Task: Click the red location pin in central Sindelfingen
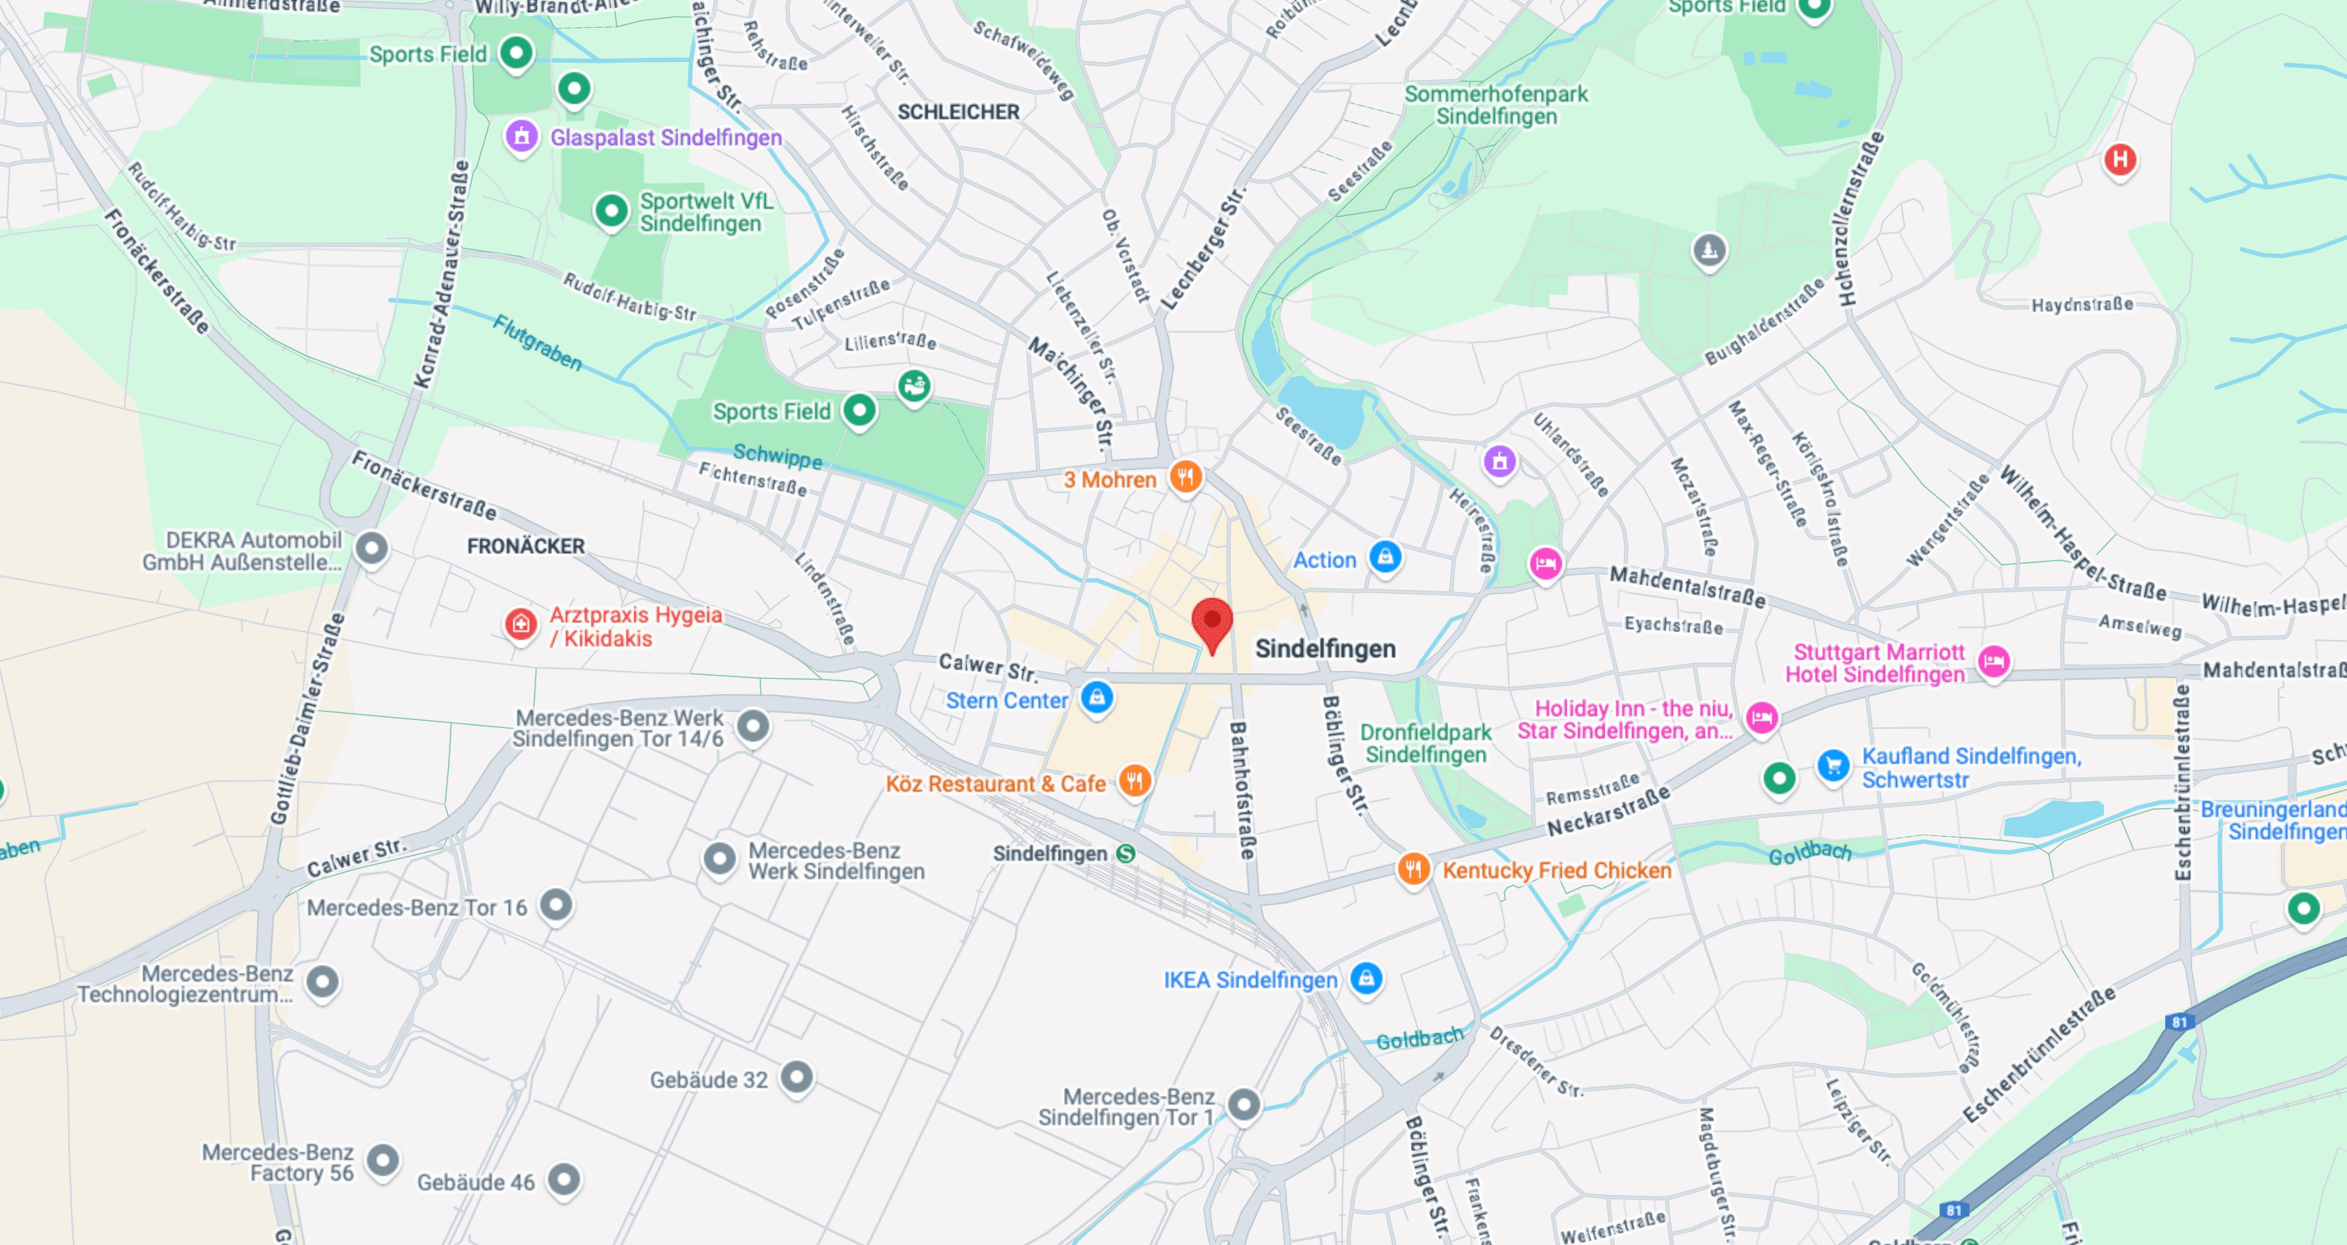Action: [1212, 622]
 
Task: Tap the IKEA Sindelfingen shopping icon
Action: [1366, 979]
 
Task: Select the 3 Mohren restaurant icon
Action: [1185, 476]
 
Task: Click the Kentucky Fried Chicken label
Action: [1556, 869]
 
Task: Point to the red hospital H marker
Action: [2119, 160]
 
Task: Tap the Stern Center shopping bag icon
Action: [1097, 698]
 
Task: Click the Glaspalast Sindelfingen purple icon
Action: [521, 137]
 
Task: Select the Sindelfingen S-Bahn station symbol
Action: [1126, 854]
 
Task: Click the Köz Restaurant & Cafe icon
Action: [1135, 781]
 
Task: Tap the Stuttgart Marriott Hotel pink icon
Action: [1993, 661]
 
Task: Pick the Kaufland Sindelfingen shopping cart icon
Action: [1833, 766]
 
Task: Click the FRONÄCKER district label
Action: [526, 546]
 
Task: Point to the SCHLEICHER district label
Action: [958, 112]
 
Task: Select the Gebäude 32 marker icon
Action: [797, 1077]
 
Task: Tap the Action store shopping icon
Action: [1385, 556]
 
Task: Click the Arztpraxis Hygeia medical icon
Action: [521, 624]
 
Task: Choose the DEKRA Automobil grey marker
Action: [372, 549]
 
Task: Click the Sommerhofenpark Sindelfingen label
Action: [1496, 105]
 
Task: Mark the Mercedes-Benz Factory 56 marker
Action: [383, 1159]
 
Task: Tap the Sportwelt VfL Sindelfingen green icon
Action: [611, 211]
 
